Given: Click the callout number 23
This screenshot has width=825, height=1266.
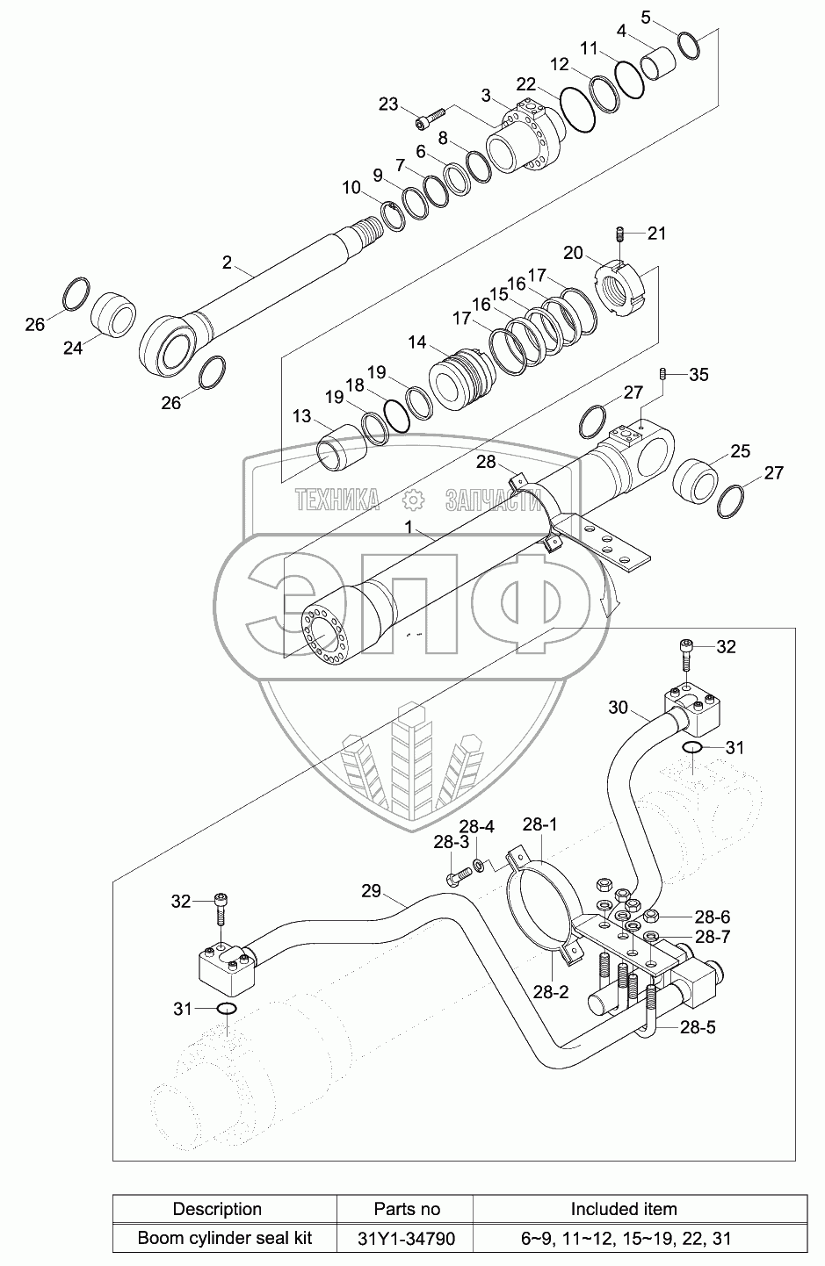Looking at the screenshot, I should click(x=387, y=104).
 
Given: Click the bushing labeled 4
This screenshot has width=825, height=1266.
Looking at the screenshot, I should click(x=660, y=64).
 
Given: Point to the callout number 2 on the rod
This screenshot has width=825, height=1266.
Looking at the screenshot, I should click(x=227, y=262).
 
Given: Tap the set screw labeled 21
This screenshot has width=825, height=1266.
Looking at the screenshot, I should click(x=619, y=234).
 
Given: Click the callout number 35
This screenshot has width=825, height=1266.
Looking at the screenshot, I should click(x=698, y=375).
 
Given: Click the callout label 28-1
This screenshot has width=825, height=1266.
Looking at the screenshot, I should click(x=539, y=824).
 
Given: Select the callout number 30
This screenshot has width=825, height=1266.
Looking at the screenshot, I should click(x=619, y=706).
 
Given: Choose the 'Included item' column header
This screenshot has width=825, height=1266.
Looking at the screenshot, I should click(x=624, y=1209).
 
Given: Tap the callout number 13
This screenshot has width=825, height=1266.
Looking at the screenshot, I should click(x=302, y=416).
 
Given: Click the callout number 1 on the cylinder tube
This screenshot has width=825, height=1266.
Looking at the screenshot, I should click(x=408, y=526).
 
